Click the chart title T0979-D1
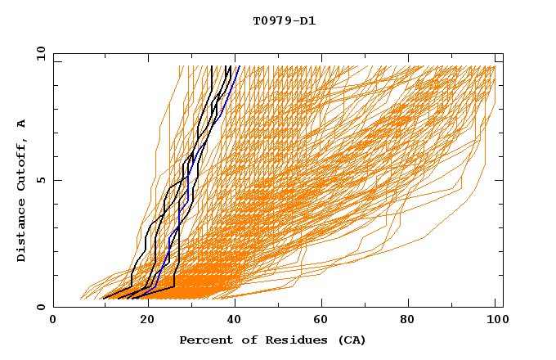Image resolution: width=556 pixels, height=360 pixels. [x=284, y=21]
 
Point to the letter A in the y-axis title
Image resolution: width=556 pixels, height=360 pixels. [x=21, y=124]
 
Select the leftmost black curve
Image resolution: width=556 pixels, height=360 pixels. [x=132, y=270]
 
